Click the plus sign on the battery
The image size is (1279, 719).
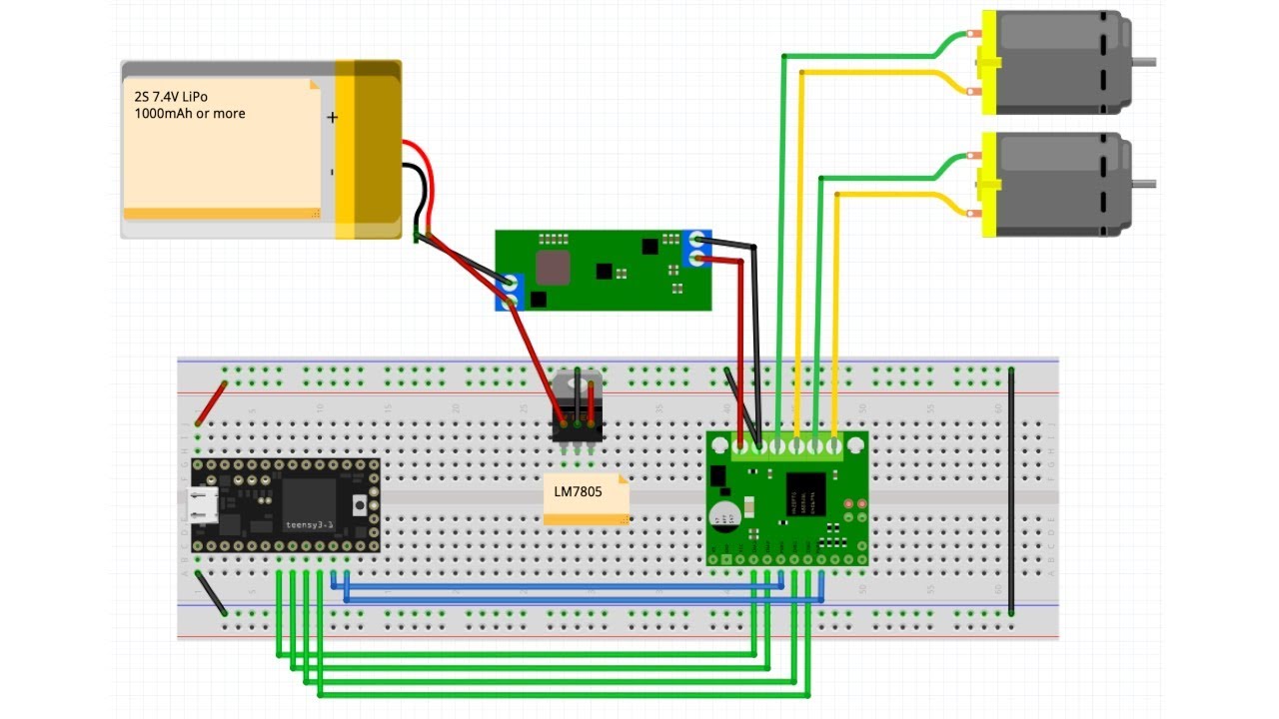[x=332, y=118]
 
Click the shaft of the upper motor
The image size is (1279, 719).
[x=1146, y=62]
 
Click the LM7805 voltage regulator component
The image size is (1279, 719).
[x=578, y=404]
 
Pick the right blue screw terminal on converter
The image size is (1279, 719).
[x=695, y=249]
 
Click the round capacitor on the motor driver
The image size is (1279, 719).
[x=723, y=515]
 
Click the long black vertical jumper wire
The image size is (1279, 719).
[x=1011, y=489]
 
